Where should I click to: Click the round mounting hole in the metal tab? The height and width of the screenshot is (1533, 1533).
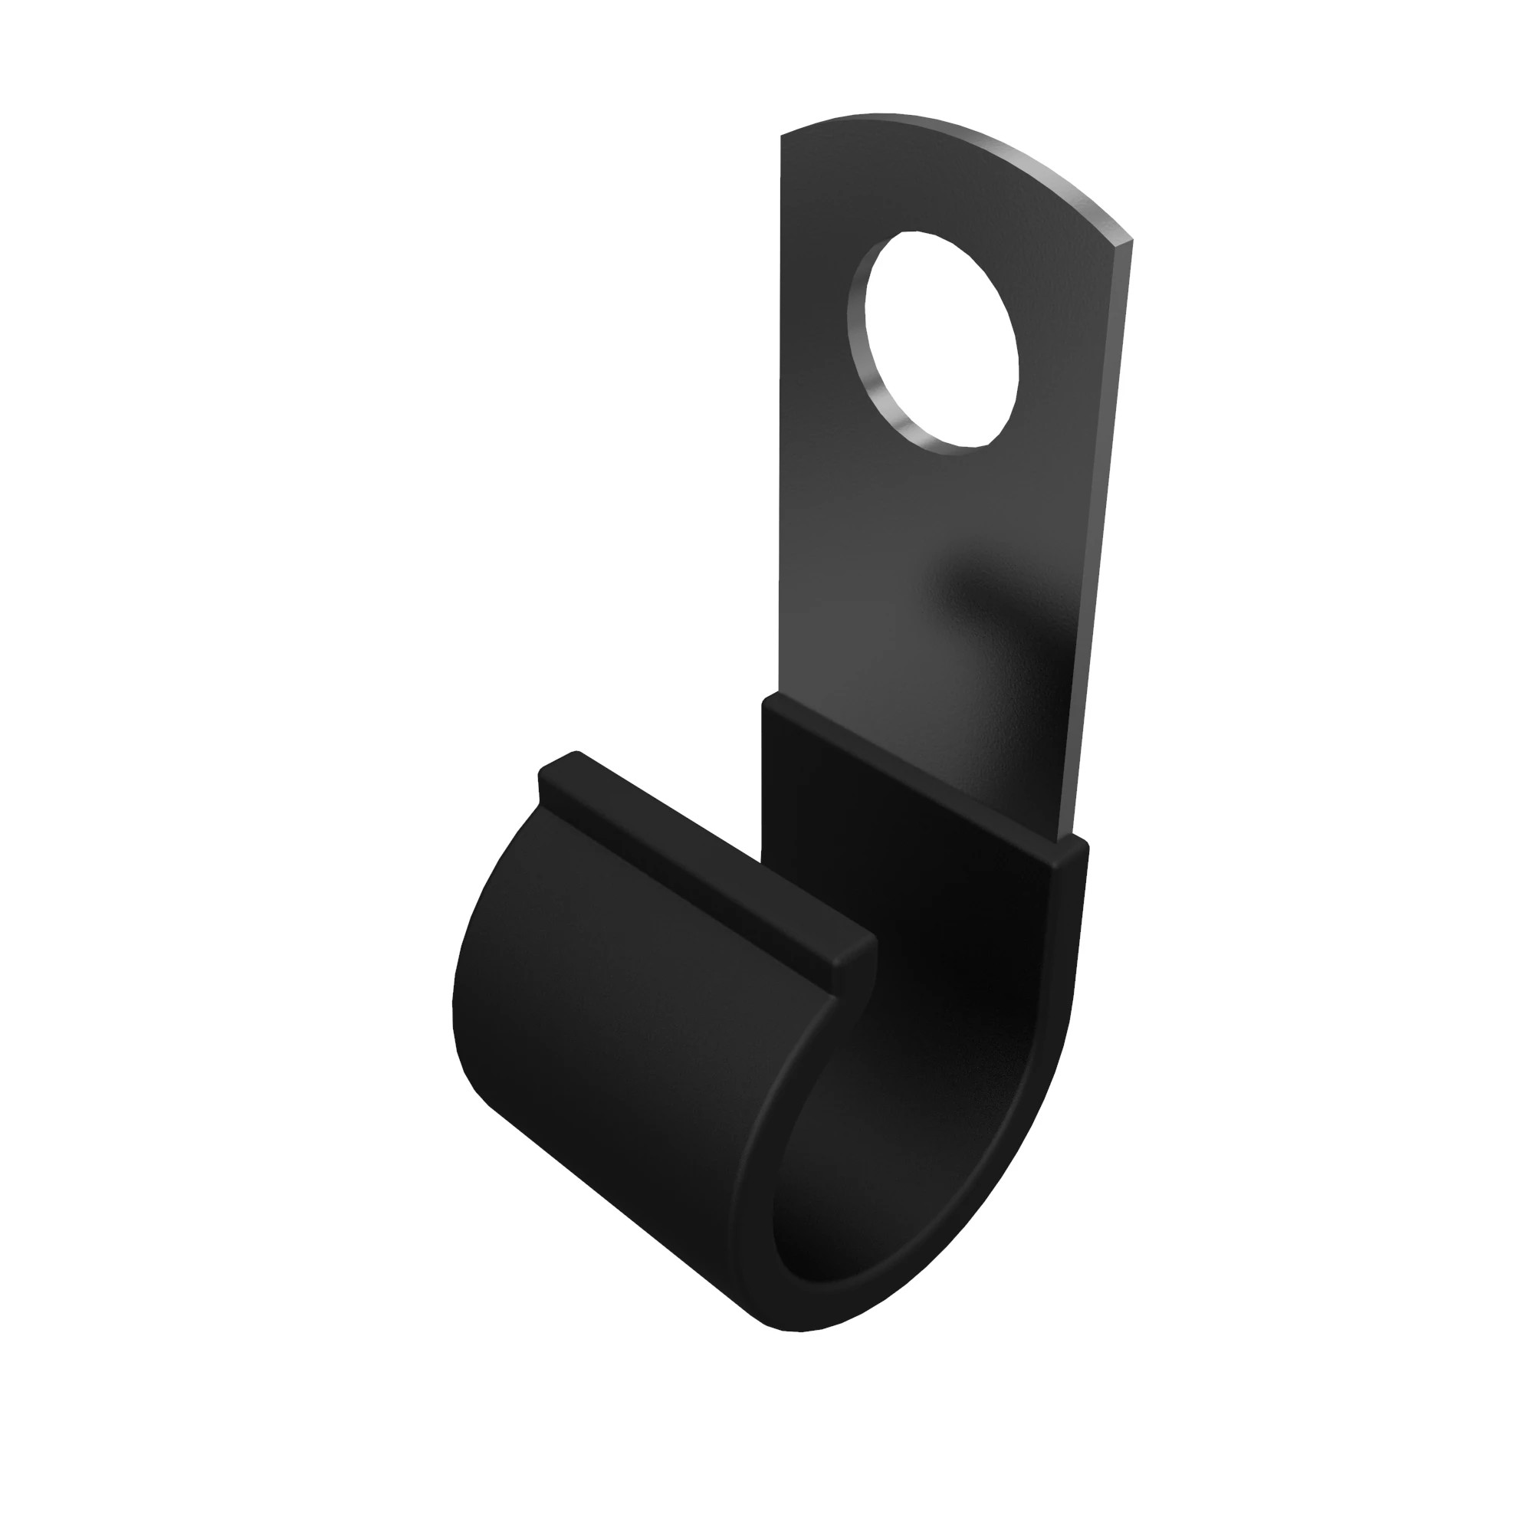tap(941, 343)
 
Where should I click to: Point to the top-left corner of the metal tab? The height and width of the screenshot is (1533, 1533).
tap(783, 136)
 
